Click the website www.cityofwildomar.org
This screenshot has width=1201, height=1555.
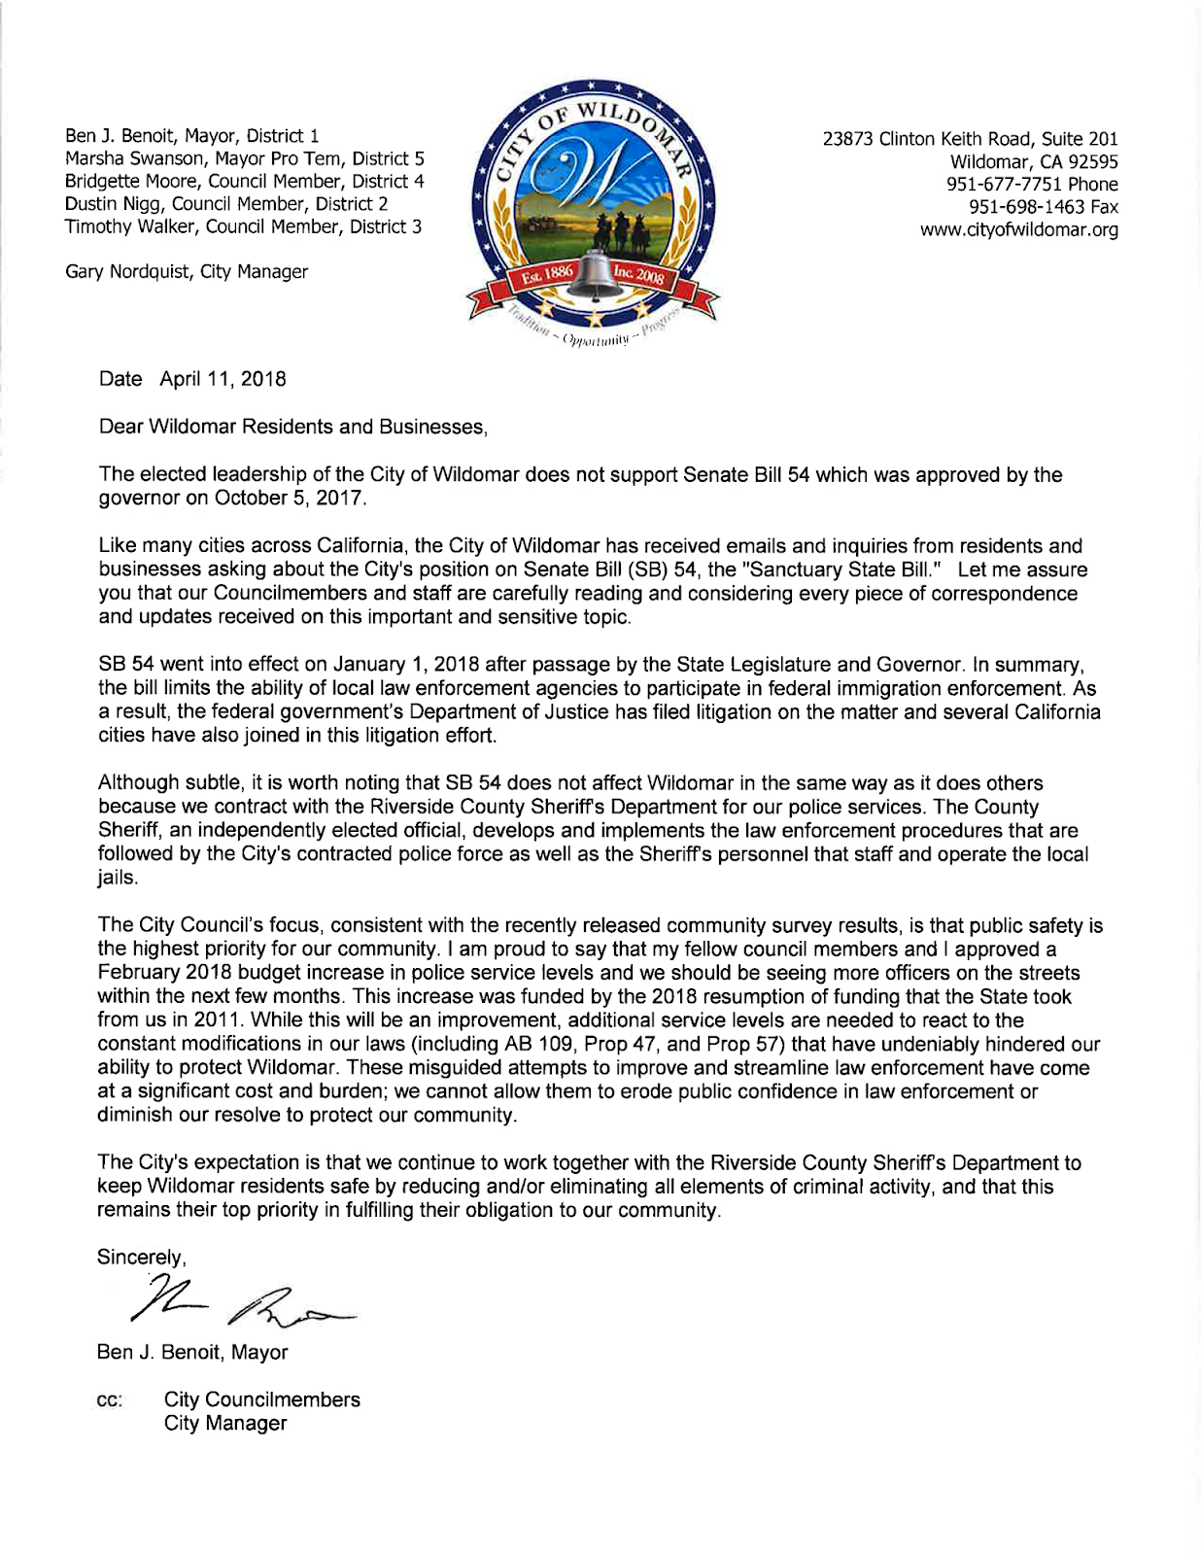[x=1018, y=230]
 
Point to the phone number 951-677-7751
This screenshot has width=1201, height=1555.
[x=1005, y=185]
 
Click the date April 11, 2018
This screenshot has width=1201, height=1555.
[x=223, y=379]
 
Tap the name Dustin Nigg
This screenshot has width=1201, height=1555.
[x=114, y=204]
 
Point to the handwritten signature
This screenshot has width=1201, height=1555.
[x=243, y=1299]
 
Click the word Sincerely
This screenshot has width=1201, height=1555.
[x=140, y=1258]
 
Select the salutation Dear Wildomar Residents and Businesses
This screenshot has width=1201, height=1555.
[x=292, y=427]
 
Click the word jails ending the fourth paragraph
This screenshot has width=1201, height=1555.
[x=117, y=878]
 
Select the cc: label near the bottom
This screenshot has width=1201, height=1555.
[x=110, y=1400]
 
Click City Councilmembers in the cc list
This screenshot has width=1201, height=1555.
[x=261, y=1399]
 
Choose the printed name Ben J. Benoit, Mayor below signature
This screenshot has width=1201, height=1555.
[x=192, y=1352]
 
